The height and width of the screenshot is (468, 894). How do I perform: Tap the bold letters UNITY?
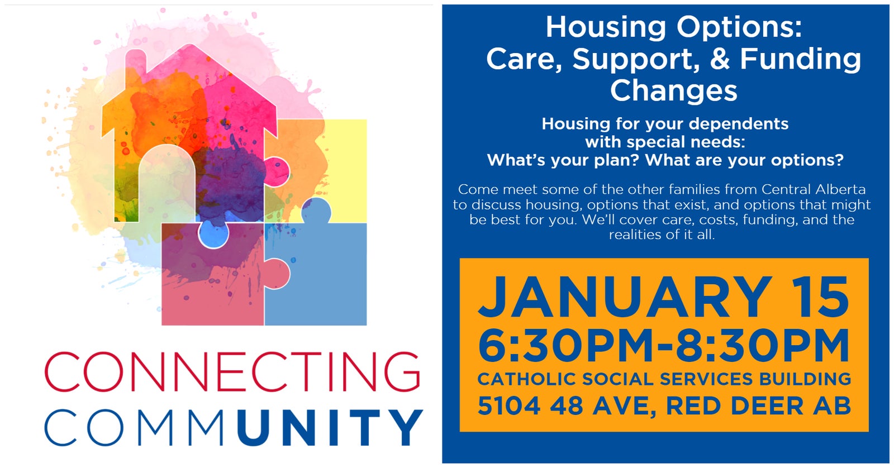tap(330, 427)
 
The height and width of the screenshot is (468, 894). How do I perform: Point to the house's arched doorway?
tap(167, 184)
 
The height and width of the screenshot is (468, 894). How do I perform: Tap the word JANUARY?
tap(625, 297)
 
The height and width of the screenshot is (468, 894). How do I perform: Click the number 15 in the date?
tap(820, 297)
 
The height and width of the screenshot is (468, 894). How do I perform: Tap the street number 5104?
tap(509, 406)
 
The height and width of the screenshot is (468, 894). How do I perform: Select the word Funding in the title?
tap(801, 59)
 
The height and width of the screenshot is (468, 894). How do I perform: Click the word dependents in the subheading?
tap(738, 123)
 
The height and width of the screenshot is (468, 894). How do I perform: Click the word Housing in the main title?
tap(606, 28)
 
